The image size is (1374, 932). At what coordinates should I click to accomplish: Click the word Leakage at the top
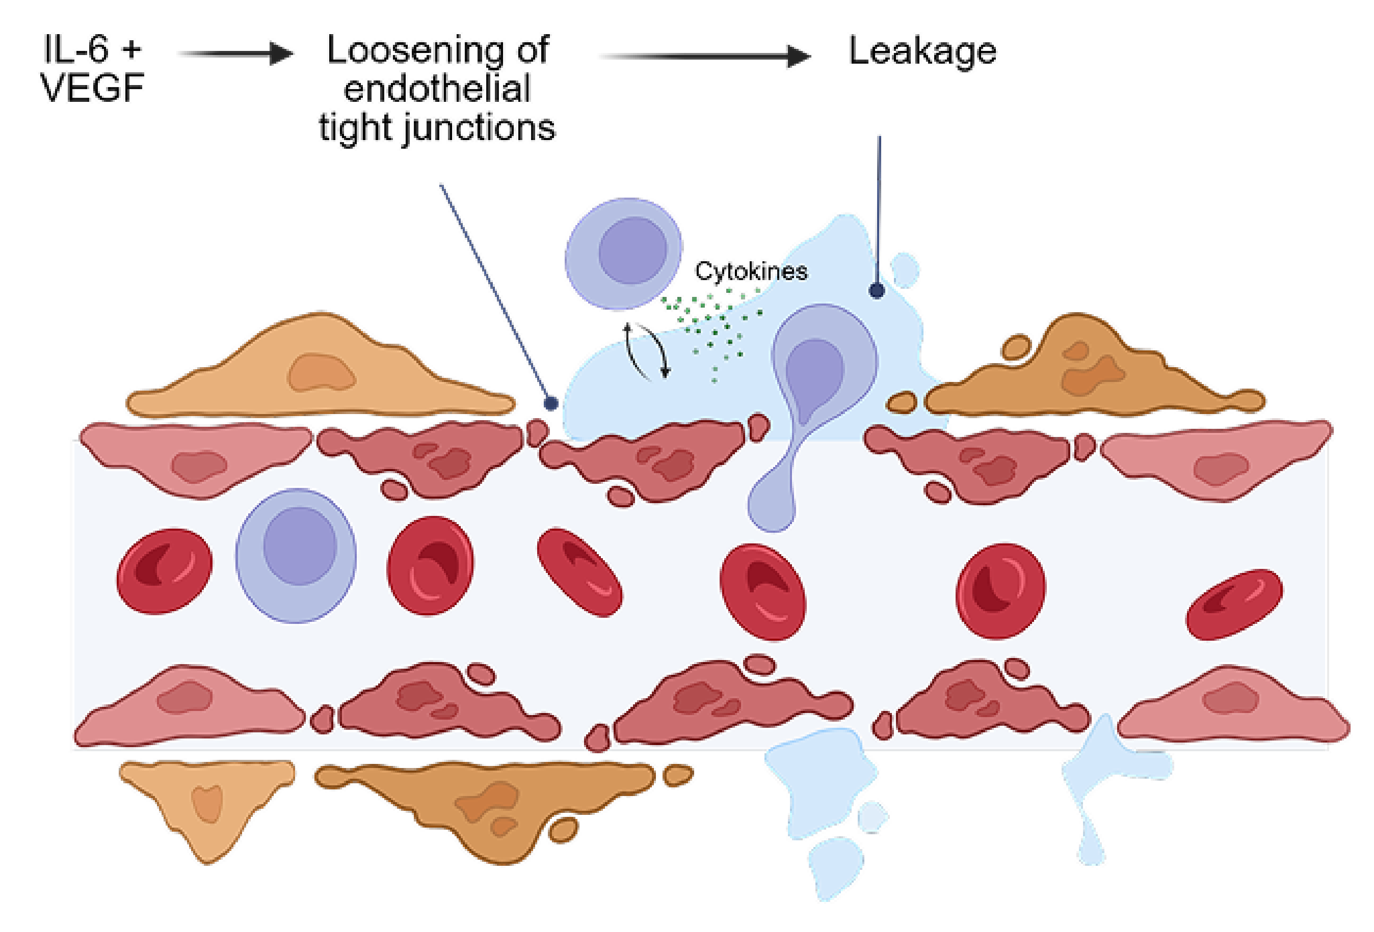[x=922, y=51]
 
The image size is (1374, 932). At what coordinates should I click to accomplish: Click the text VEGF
[x=92, y=88]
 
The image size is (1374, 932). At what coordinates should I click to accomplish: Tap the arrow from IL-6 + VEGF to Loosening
[x=236, y=54]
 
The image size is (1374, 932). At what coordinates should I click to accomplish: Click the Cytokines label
[x=751, y=271]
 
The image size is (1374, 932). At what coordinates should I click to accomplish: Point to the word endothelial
[x=437, y=89]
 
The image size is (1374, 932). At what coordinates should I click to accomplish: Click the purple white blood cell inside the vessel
[x=296, y=555]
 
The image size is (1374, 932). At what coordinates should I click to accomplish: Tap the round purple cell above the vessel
[x=624, y=254]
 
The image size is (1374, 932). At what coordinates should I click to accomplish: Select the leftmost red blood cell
[x=164, y=571]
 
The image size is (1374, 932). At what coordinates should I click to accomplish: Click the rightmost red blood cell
[x=1234, y=604]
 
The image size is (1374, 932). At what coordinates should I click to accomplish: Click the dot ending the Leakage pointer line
[x=877, y=290]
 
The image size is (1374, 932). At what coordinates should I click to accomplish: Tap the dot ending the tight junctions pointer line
[x=551, y=404]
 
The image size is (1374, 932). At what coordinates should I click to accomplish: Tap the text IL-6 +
[x=93, y=49]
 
